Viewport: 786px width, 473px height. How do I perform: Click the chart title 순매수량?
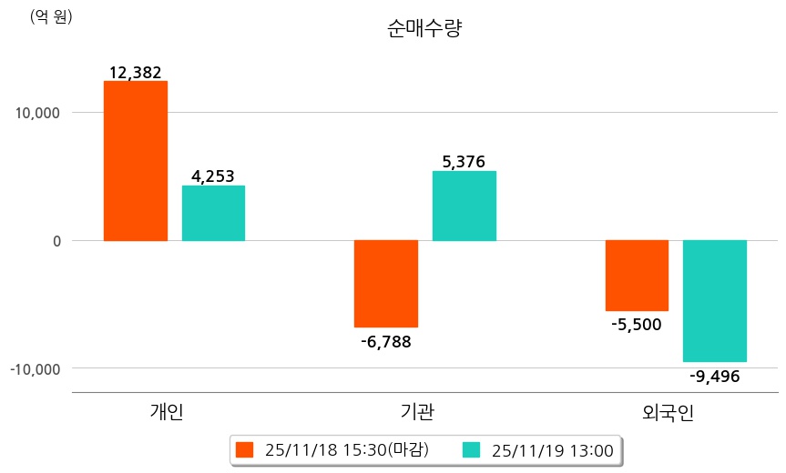(x=425, y=28)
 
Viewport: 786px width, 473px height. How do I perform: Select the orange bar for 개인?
(x=135, y=161)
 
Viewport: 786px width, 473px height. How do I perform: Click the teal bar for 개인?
(x=213, y=213)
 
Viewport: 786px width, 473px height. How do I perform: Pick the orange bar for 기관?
(x=386, y=283)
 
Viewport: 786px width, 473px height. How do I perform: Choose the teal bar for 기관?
(x=464, y=206)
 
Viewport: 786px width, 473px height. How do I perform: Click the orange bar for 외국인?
(x=637, y=276)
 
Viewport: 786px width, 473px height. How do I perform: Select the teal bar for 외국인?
(x=715, y=301)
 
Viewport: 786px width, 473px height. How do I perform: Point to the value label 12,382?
(x=135, y=72)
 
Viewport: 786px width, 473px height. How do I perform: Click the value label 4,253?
(x=213, y=176)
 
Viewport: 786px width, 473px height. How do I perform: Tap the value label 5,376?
(x=464, y=162)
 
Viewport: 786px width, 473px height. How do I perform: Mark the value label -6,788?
(x=386, y=342)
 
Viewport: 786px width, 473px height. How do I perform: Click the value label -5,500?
(x=637, y=325)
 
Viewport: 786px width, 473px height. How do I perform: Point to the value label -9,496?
(x=715, y=376)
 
